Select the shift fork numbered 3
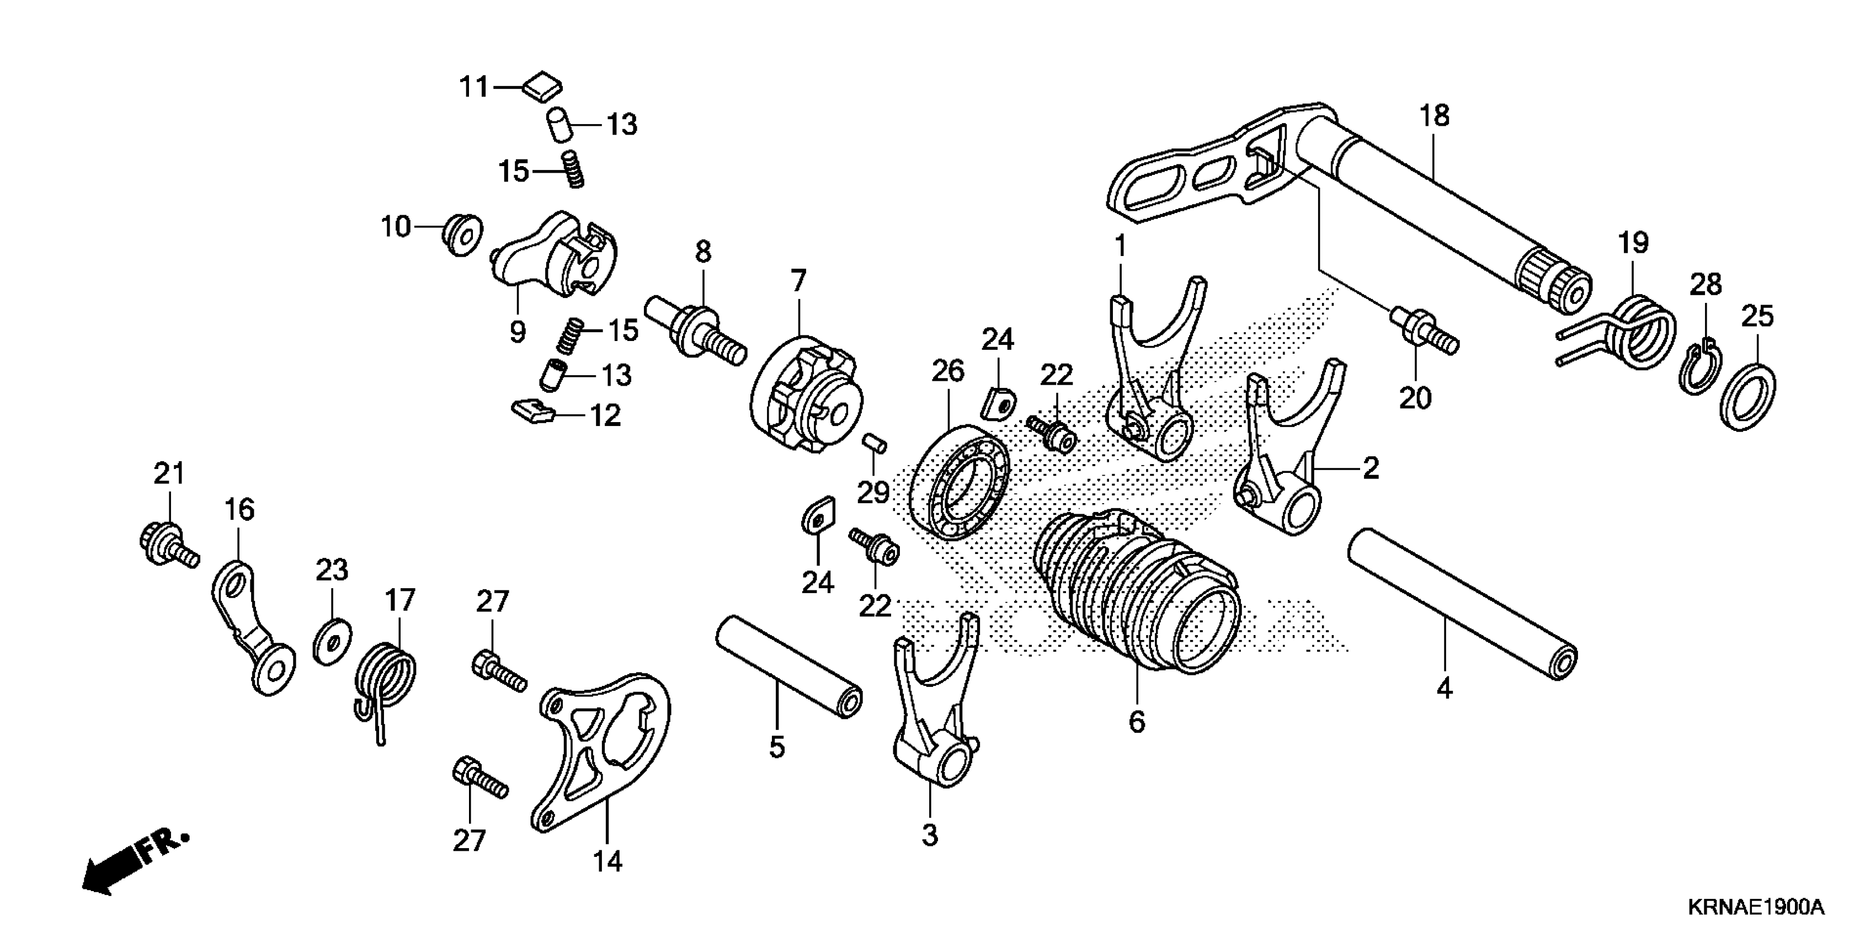point(932,713)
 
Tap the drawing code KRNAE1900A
point(1755,908)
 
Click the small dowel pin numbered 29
point(875,443)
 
